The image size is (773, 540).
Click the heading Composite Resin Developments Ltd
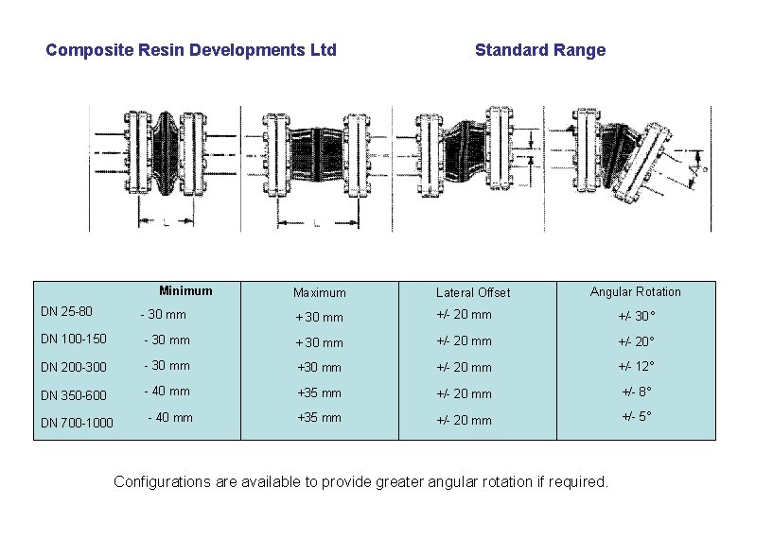coord(191,50)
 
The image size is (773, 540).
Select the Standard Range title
coord(539,50)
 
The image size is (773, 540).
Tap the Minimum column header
coord(185,291)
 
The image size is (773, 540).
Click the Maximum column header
coord(320,293)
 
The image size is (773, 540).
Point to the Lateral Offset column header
coord(473,293)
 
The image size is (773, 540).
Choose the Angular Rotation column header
coord(636,291)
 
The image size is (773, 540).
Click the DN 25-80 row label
coord(66,311)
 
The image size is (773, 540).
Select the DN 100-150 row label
coord(74,339)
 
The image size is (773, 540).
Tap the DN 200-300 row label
coord(74,367)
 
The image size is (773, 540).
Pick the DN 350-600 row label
coord(74,395)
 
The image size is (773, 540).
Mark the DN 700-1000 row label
coord(78,423)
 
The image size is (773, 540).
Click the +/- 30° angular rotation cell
coord(637,317)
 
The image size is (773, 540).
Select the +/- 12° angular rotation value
coord(637,367)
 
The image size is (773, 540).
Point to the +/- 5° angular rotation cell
coord(637,416)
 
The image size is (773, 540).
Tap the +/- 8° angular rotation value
coord(637,392)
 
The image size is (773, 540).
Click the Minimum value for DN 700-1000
coord(170,417)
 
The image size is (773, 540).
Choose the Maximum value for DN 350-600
coord(320,392)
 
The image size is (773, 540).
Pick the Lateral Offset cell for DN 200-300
coord(464,367)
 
